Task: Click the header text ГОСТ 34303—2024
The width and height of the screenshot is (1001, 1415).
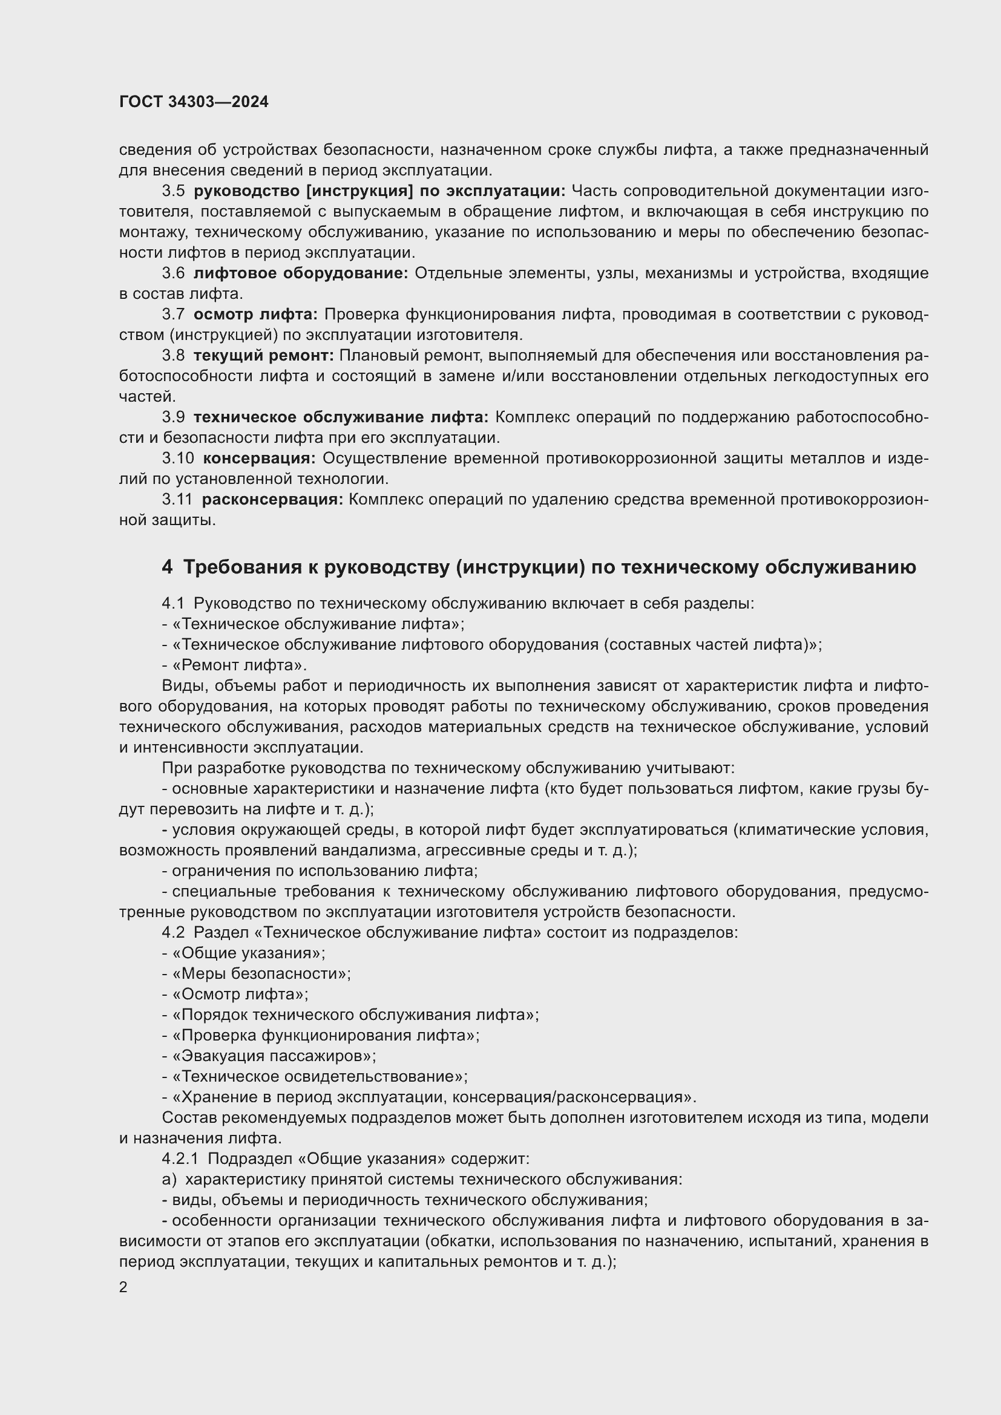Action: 194,102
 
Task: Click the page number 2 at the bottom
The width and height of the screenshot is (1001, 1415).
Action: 123,1287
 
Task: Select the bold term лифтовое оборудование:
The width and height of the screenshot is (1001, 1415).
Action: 301,273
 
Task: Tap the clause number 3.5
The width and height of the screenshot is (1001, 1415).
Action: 173,191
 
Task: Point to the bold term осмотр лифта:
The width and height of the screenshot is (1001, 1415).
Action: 255,315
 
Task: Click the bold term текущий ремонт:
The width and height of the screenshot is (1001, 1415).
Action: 263,356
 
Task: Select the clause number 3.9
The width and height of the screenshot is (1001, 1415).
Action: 173,417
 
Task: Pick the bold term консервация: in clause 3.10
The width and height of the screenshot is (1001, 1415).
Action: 259,459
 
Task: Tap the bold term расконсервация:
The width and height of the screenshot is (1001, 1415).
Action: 272,500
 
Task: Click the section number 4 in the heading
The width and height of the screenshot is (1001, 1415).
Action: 167,567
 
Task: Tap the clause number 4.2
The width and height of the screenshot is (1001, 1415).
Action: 173,932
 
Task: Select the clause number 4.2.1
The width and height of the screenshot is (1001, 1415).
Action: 180,1158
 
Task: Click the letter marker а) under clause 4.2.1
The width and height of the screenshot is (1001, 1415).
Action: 169,1180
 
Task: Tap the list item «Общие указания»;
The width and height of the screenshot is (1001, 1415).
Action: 248,953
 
